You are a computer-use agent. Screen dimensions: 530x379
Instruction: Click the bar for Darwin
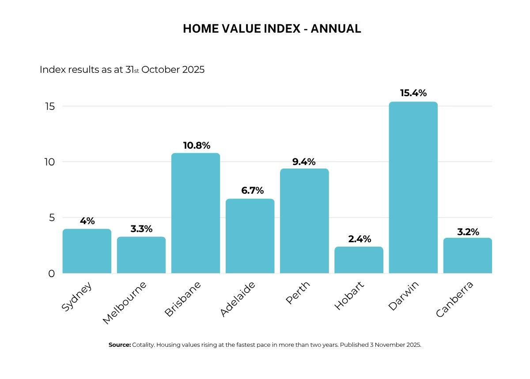point(413,188)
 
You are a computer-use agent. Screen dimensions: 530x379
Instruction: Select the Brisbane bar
point(195,213)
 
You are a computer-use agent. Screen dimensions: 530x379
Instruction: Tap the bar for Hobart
point(359,260)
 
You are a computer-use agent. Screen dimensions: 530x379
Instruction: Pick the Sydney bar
point(87,251)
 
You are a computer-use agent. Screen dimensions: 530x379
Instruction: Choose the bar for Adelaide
point(250,236)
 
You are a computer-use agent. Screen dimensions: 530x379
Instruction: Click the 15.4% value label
point(413,93)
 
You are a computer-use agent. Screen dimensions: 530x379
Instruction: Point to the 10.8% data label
point(197,146)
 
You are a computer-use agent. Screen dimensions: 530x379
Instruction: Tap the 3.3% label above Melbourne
point(141,229)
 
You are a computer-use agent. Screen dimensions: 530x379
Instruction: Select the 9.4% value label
point(304,162)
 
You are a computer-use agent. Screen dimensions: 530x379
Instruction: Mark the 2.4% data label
point(360,239)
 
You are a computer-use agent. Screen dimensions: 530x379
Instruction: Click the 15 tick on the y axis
point(50,107)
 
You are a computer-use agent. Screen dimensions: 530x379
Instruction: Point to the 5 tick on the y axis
point(52,218)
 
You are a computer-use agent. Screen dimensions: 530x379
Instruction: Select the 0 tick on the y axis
point(52,274)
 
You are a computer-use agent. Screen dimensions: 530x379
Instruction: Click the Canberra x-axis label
point(455,299)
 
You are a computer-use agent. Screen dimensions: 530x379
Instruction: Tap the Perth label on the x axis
point(298,293)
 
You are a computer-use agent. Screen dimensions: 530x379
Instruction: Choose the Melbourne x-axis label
point(125,303)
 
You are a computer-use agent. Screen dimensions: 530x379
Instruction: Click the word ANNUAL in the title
point(336,29)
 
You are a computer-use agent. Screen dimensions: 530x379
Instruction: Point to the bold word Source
point(120,345)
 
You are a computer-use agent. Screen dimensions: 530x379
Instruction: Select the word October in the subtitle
point(161,70)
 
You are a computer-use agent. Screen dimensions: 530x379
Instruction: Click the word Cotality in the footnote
point(144,345)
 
